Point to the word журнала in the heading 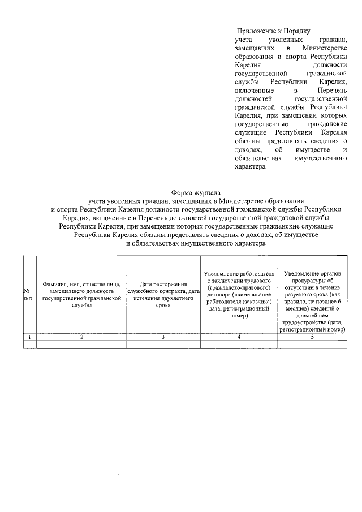(209, 192)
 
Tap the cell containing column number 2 (81, 337)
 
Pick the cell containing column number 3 (163, 337)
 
